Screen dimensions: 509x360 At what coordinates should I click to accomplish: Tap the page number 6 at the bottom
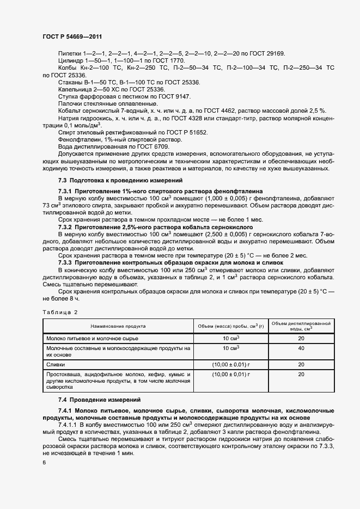click(44, 463)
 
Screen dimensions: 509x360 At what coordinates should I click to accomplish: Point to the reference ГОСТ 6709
click(151, 146)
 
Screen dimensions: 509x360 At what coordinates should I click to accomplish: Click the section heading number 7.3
click(63, 180)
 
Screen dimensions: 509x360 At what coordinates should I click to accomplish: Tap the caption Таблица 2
click(60, 311)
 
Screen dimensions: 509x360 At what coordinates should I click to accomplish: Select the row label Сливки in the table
click(56, 364)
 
